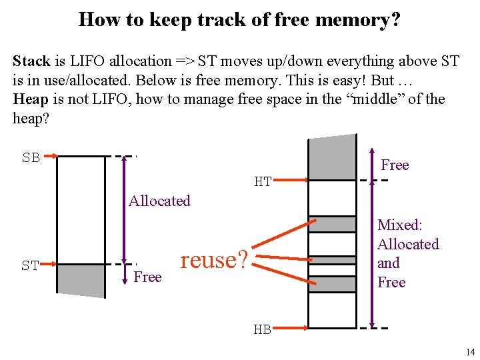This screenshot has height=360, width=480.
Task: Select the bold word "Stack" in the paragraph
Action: pyautogui.click(x=31, y=61)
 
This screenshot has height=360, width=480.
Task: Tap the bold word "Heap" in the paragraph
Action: pyautogui.click(x=31, y=100)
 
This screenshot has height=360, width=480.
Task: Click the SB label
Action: pyautogui.click(x=31, y=158)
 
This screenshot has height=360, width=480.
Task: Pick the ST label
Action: pyautogui.click(x=30, y=266)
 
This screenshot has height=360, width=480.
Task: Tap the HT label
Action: pyautogui.click(x=263, y=181)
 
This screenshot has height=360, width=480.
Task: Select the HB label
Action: pyautogui.click(x=262, y=329)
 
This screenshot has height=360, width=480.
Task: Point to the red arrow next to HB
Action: pyautogui.click(x=290, y=328)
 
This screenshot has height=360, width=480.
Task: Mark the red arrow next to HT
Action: pyautogui.click(x=291, y=179)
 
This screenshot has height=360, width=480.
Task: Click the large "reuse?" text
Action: pyautogui.click(x=214, y=259)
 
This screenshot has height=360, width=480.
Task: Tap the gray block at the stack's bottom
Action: pyautogui.click(x=81, y=281)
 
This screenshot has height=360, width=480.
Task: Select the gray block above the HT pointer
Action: pyautogui.click(x=333, y=158)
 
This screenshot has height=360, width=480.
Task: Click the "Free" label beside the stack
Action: pyautogui.click(x=147, y=277)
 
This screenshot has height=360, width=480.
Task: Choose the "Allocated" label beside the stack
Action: pyautogui.click(x=159, y=201)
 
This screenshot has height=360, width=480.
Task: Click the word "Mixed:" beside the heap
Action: pyautogui.click(x=400, y=225)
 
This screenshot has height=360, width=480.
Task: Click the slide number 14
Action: pyautogui.click(x=470, y=352)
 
